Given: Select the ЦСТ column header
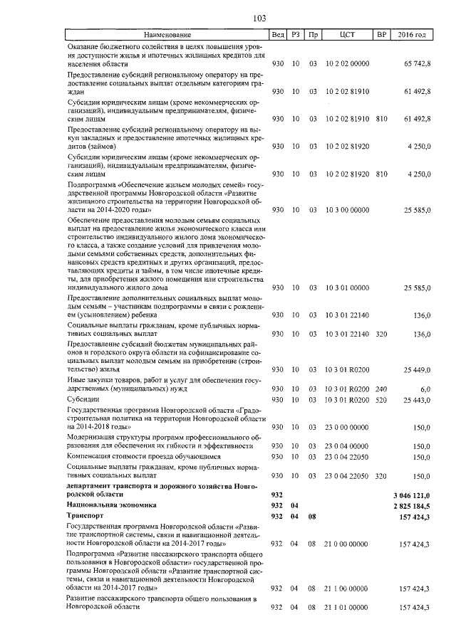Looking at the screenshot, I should tap(348, 35).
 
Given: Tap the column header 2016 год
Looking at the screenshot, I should tap(411, 35).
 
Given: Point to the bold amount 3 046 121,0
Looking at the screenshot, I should tap(412, 493).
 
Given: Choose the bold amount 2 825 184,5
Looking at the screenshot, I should tap(412, 504).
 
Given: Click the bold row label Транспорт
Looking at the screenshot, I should tap(85, 514).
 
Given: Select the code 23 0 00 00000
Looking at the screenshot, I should tap(348, 427).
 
